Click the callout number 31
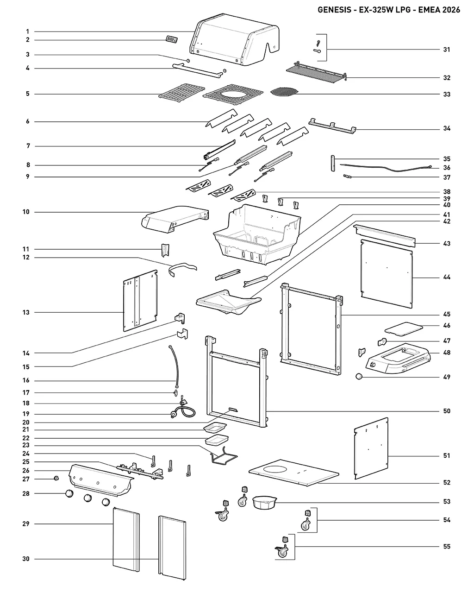pyautogui.click(x=446, y=50)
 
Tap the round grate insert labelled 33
pyautogui.click(x=285, y=91)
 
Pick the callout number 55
pyautogui.click(x=446, y=546)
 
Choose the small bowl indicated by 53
pyautogui.click(x=264, y=502)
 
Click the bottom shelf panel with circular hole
pyautogui.click(x=294, y=473)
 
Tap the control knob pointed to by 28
pyautogui.click(x=69, y=493)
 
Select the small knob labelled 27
pyautogui.click(x=56, y=478)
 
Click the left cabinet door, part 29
pyautogui.click(x=126, y=540)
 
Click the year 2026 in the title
pyautogui.click(x=451, y=10)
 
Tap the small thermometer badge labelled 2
pyautogui.click(x=172, y=39)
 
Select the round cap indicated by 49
pyautogui.click(x=359, y=376)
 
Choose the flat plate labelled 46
pyautogui.click(x=404, y=329)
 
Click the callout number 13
pyautogui.click(x=26, y=312)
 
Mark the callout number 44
pyautogui.click(x=446, y=277)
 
